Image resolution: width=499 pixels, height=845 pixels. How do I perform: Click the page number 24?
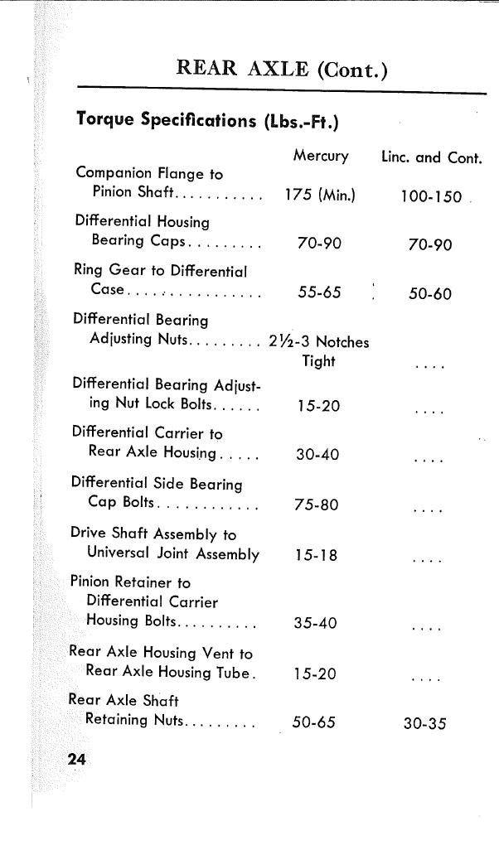pos(77,759)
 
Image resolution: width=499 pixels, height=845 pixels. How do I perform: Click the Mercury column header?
pos(320,156)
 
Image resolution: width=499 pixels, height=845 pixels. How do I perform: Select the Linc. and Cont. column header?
pos(431,157)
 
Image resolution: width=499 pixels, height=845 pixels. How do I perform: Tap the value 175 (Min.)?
pos(319,196)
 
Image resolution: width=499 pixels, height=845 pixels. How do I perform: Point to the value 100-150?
pos(430,197)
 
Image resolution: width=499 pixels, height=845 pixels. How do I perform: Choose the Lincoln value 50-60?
pos(430,293)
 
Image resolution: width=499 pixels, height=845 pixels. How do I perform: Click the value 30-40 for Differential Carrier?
pos(317,455)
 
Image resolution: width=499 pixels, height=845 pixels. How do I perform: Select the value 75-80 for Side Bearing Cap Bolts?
pos(316,505)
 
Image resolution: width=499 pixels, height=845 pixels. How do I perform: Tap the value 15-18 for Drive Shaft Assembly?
pos(316,555)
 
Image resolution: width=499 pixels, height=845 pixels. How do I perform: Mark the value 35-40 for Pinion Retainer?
pos(315,623)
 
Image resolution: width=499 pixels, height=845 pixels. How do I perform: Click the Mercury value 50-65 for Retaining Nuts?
pos(313,722)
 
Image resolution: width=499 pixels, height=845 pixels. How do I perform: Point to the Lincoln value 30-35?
pos(424,723)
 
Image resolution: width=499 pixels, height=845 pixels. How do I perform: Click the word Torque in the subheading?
pos(105,119)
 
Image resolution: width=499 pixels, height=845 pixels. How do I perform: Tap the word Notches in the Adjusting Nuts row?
pos(342,342)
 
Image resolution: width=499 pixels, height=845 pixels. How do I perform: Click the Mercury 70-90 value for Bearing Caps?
pos(319,244)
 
